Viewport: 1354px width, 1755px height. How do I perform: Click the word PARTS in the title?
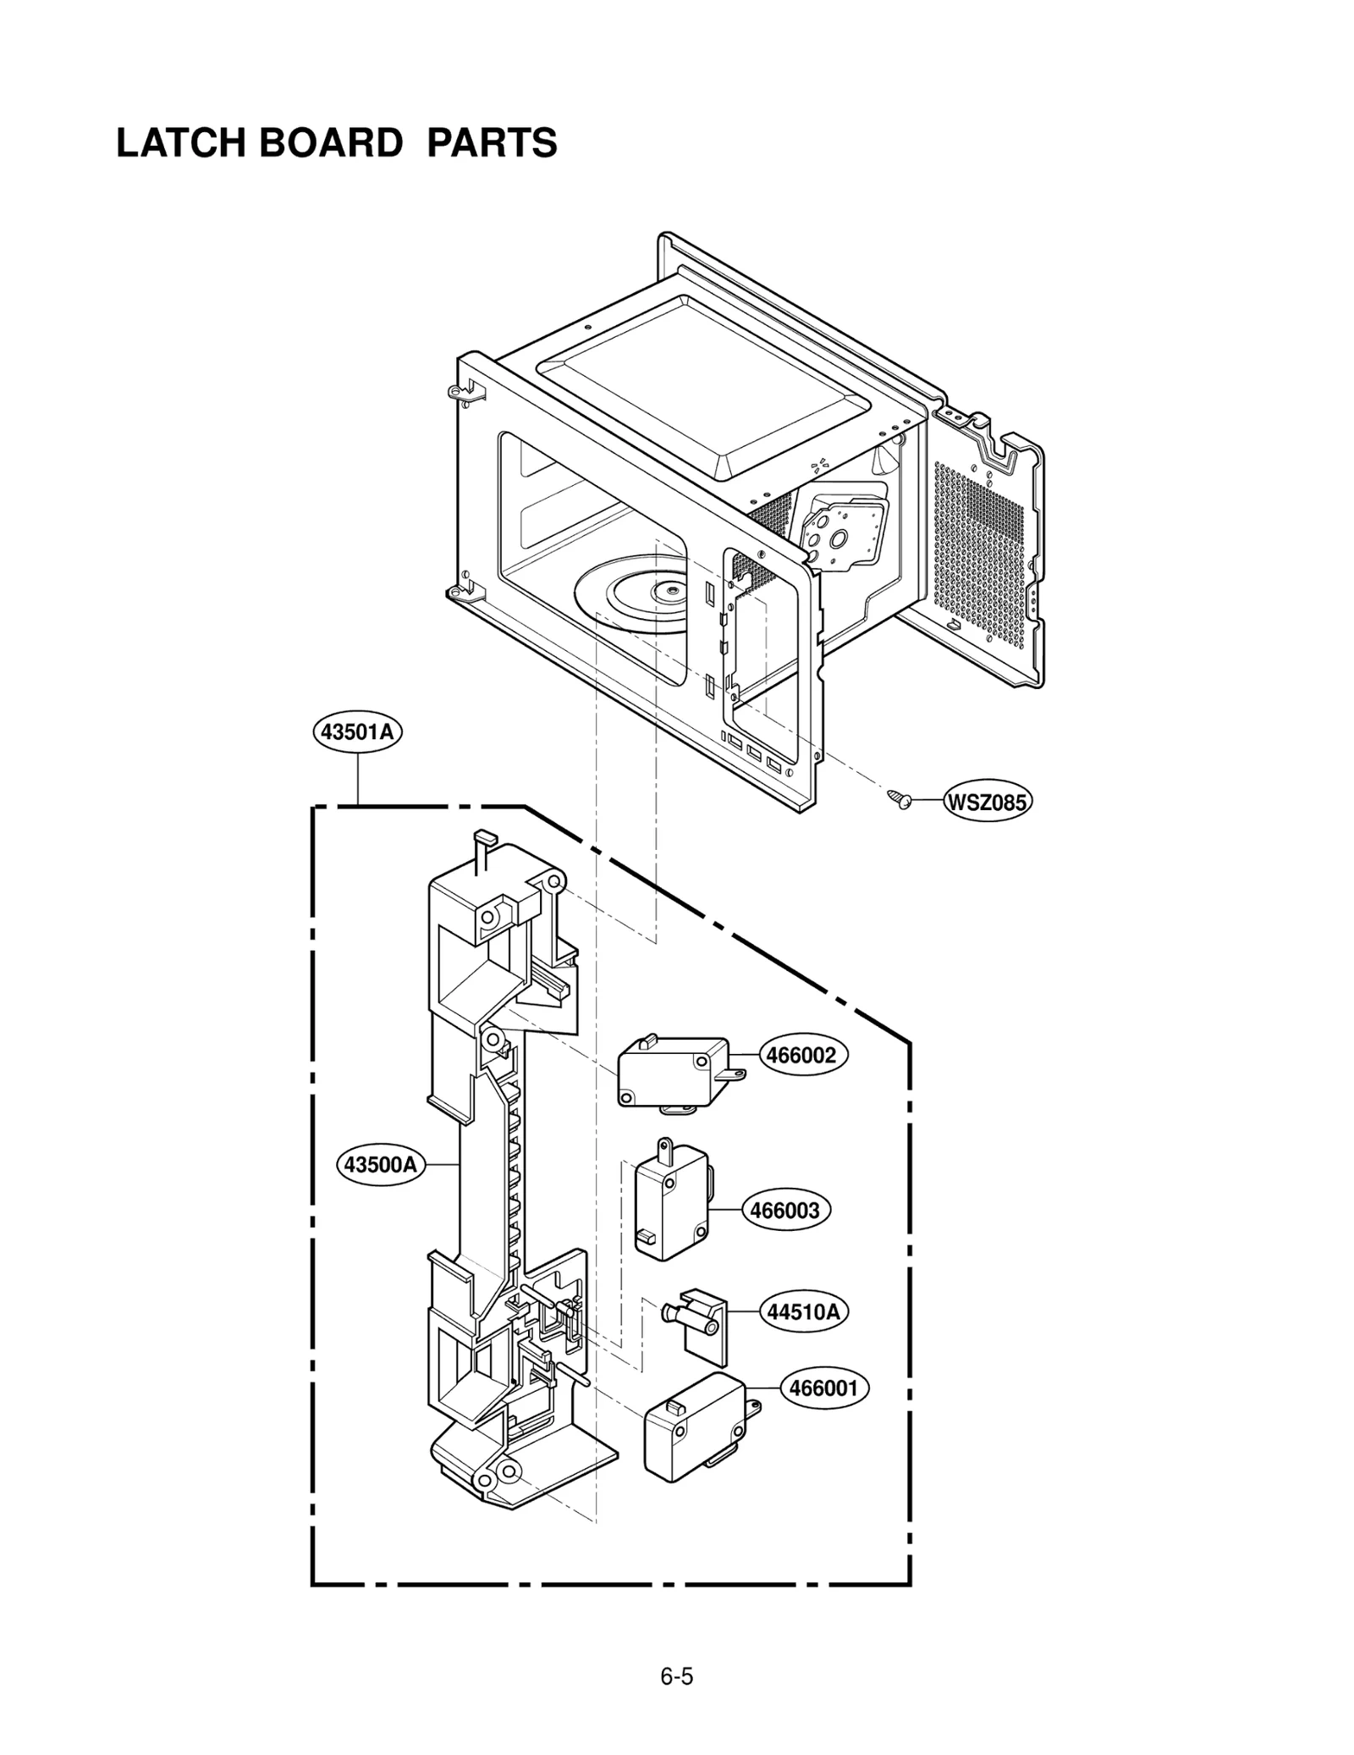tap(492, 143)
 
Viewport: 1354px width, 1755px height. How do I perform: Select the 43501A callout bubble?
tap(356, 731)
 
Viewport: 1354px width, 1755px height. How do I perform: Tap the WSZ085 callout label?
tap(987, 802)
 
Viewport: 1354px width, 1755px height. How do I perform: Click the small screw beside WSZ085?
tap(900, 798)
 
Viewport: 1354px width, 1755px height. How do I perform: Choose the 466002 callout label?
tap(801, 1055)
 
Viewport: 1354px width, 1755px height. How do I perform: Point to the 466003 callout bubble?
tap(784, 1210)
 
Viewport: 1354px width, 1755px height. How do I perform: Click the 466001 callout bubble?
tap(823, 1388)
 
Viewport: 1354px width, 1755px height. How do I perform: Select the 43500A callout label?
tap(381, 1165)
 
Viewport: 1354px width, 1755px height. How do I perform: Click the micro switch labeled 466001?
tap(694, 1430)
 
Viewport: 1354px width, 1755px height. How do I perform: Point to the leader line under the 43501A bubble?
tap(358, 779)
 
